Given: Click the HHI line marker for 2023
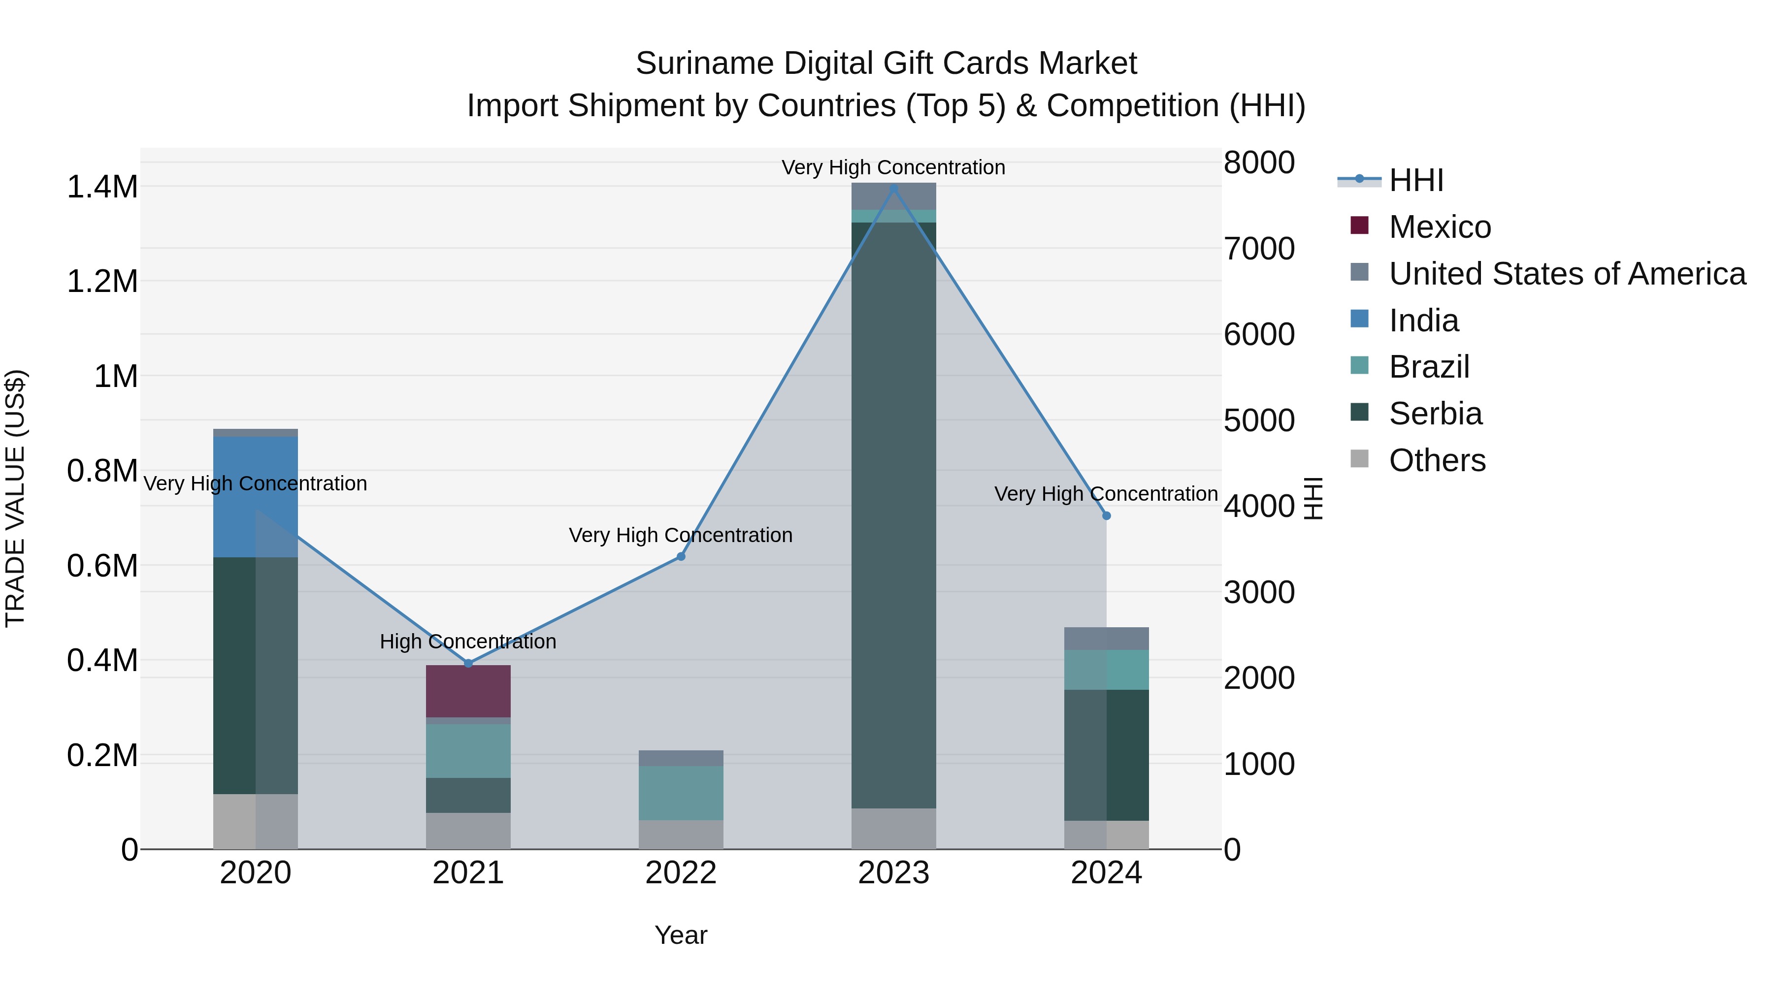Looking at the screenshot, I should coord(893,189).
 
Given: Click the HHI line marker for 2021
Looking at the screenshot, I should coord(468,663).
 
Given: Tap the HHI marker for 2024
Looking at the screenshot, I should coord(1106,515).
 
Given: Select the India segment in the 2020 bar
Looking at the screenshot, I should coord(255,496).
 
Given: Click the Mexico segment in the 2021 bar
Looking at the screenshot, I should coord(468,691).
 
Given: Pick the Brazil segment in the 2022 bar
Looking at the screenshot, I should coord(681,793).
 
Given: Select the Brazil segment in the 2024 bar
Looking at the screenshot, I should coord(1106,670).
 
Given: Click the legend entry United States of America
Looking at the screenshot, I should coord(1567,274).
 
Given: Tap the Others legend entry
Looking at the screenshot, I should coord(1437,460).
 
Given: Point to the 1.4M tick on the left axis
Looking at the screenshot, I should coord(102,187).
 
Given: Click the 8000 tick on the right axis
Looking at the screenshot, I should coord(1259,163).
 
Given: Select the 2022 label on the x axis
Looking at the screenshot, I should coord(681,873).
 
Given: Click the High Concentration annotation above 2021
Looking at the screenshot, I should coord(468,641).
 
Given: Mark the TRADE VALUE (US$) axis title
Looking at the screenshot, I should coord(15,498).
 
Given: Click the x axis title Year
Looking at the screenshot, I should coord(681,935).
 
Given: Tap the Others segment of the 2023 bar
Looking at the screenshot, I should coord(893,829).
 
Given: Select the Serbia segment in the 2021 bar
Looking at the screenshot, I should coord(468,796).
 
